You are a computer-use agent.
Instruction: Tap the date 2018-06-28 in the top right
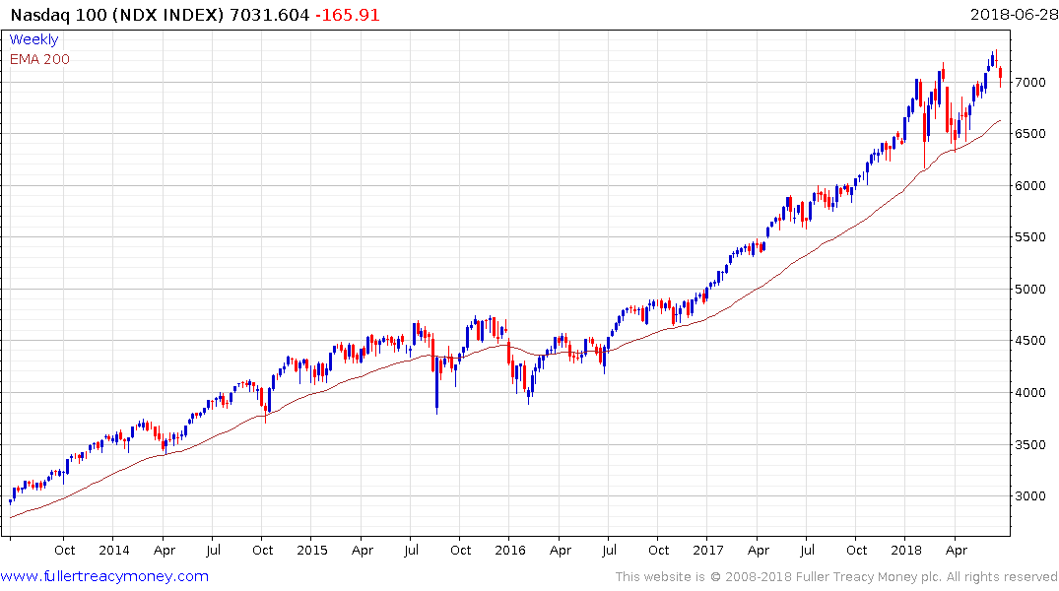click(x=1012, y=15)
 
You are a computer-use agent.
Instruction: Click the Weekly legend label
click(x=33, y=40)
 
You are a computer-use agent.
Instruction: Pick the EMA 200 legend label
click(x=39, y=59)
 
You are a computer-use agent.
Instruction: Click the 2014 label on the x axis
click(x=113, y=551)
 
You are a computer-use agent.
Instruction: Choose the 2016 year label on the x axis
click(x=509, y=551)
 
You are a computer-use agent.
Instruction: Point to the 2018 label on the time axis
click(x=904, y=551)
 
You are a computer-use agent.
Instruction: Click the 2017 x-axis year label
click(x=707, y=551)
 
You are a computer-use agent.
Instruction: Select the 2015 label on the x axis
click(x=311, y=551)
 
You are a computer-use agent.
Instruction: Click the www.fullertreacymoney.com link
click(x=105, y=576)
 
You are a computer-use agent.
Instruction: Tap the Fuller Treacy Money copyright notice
click(x=836, y=577)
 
